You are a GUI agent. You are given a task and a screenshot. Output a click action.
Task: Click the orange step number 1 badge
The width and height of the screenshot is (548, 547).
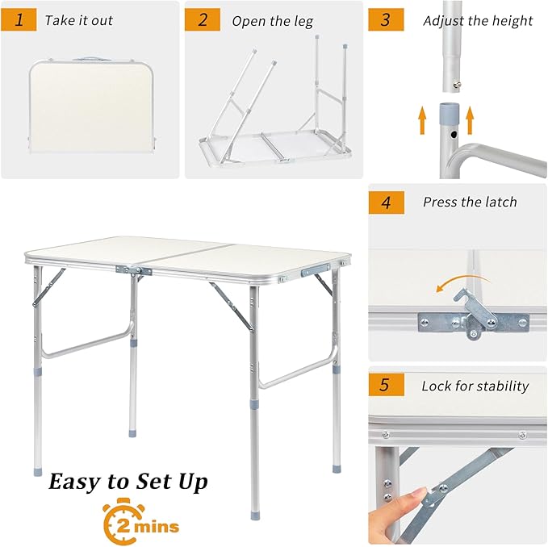pyautogui.click(x=19, y=19)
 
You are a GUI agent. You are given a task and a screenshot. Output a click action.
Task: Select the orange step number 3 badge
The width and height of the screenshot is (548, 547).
pyautogui.click(x=386, y=19)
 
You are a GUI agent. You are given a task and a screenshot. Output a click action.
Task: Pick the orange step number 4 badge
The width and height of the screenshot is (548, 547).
pyautogui.click(x=386, y=202)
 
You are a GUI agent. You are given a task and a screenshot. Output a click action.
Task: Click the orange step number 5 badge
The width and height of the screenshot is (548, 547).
pyautogui.click(x=386, y=386)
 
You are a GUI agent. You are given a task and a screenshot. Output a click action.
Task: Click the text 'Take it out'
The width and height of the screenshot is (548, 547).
pyautogui.click(x=78, y=20)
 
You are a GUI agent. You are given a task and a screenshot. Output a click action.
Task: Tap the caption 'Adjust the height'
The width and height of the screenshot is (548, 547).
pyautogui.click(x=478, y=20)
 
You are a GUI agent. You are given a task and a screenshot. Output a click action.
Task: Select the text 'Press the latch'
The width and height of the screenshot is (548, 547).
pyautogui.click(x=470, y=203)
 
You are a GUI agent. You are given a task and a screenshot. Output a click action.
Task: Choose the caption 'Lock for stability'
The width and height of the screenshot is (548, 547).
pyautogui.click(x=475, y=386)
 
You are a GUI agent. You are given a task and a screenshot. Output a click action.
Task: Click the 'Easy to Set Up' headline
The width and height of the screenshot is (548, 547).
pyautogui.click(x=128, y=482)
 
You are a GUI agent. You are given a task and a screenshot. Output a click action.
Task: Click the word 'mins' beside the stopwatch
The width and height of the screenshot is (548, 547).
pyautogui.click(x=157, y=527)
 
